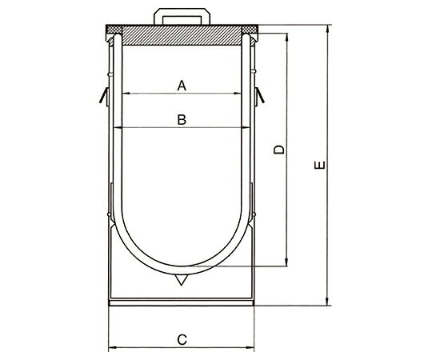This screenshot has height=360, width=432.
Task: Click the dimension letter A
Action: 182,84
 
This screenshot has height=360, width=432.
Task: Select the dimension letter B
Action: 182,120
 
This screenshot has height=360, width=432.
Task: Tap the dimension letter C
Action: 182,339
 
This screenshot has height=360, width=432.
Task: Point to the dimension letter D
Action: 278,150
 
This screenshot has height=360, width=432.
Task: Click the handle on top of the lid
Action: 181,16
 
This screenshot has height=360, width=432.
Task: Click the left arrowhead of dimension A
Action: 124,94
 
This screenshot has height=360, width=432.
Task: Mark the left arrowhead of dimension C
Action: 111,347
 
